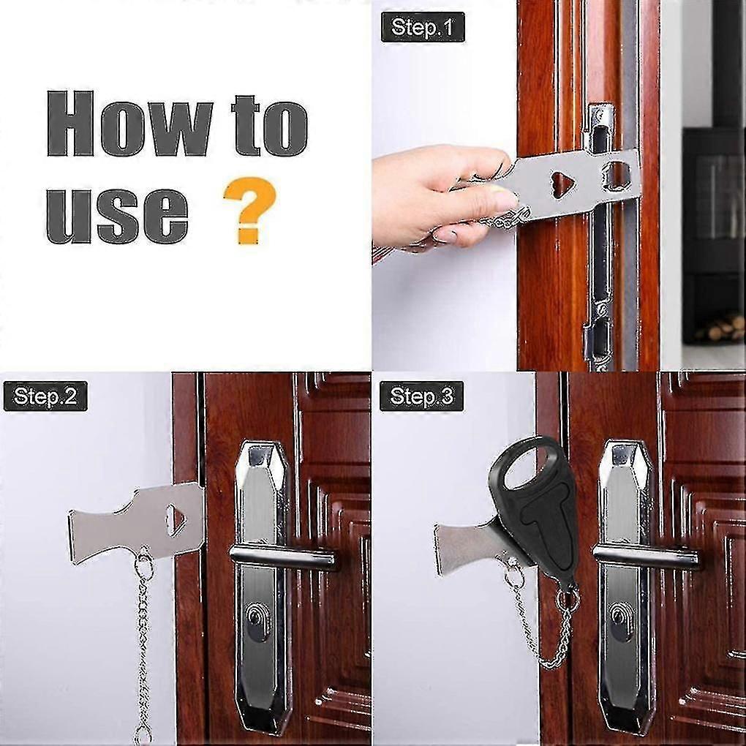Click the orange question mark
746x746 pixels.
click(249, 210)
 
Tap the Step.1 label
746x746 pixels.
click(423, 28)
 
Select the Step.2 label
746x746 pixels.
click(45, 396)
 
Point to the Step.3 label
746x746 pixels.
click(421, 396)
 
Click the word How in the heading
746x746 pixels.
click(129, 124)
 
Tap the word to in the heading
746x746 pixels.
click(270, 126)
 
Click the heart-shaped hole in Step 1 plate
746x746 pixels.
click(563, 184)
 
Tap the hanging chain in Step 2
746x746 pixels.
click(143, 642)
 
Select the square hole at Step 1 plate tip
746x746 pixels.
click(617, 174)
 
